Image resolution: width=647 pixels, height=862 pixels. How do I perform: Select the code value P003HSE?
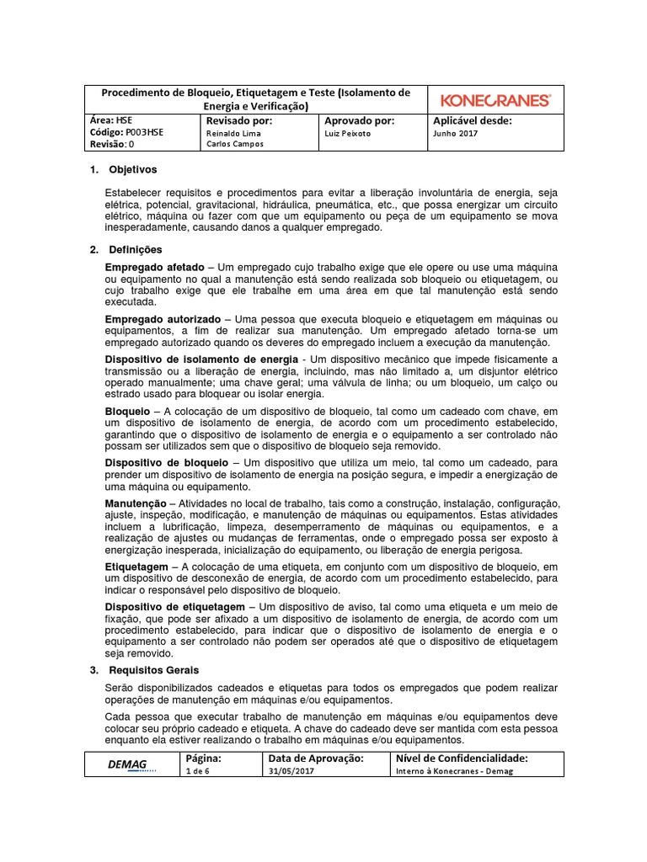click(x=144, y=132)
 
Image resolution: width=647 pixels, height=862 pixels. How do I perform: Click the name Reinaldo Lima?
click(x=233, y=133)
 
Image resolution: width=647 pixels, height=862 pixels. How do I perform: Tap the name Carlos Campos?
click(x=235, y=144)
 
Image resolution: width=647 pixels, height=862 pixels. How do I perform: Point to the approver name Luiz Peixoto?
click(x=347, y=133)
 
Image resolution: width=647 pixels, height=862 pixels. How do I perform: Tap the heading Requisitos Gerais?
click(x=154, y=670)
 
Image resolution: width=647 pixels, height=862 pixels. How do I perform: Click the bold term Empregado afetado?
click(x=154, y=267)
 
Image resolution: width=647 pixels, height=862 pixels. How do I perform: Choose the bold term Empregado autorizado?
click(x=163, y=320)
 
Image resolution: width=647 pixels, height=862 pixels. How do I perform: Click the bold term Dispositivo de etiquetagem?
click(x=174, y=607)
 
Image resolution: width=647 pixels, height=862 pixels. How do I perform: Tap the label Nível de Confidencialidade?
click(x=461, y=758)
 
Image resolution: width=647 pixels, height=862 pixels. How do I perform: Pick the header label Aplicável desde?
click(x=472, y=120)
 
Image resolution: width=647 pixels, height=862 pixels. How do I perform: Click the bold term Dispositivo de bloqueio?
click(x=166, y=462)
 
